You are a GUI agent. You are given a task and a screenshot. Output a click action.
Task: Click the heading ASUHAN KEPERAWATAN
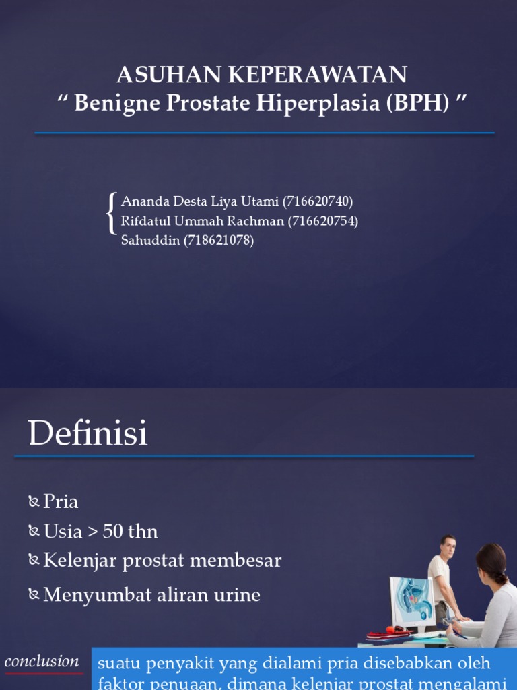tap(262, 74)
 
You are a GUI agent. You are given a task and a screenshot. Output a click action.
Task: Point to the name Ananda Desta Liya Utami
tap(199, 201)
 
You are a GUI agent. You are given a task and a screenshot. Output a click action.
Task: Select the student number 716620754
tap(323, 220)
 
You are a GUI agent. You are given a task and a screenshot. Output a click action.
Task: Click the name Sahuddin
tap(151, 240)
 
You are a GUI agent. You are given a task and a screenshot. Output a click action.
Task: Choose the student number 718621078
tap(219, 240)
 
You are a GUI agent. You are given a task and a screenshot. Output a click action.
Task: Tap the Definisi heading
tap(88, 433)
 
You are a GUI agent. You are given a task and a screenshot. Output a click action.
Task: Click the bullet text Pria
tap(61, 501)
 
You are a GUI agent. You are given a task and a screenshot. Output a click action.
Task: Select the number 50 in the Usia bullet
tap(114, 531)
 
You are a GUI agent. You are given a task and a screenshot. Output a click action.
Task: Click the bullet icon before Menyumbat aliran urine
tap(34, 595)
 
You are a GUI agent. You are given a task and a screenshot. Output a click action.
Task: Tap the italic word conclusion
tap(42, 661)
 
